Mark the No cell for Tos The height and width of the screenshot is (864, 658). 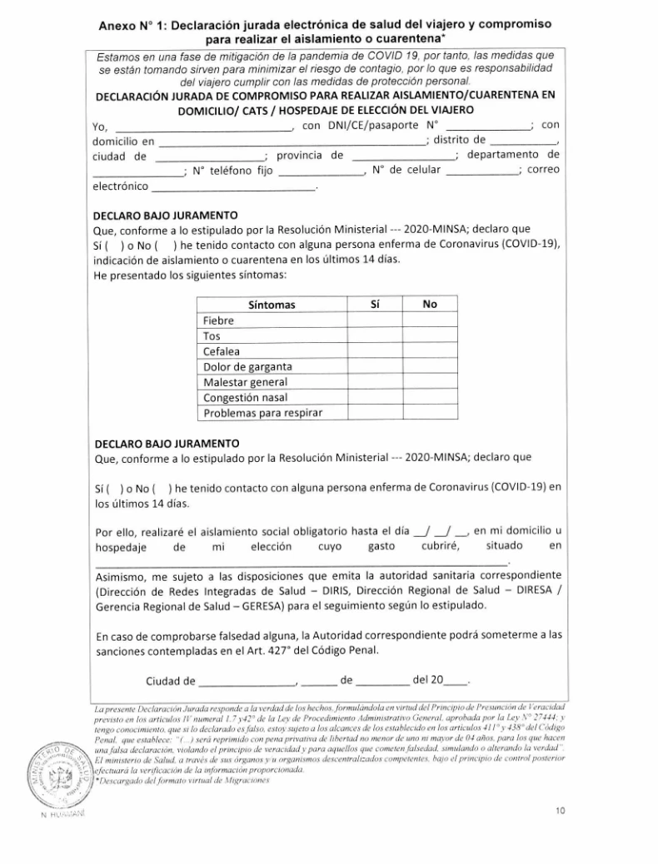(430, 335)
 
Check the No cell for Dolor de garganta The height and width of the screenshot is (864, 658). (430, 366)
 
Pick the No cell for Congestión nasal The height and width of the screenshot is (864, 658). (430, 396)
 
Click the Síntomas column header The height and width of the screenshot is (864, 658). (272, 305)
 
